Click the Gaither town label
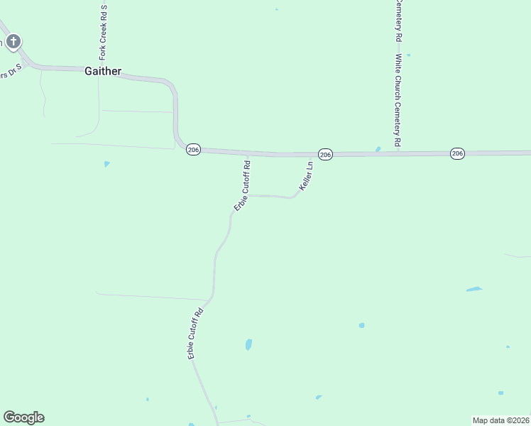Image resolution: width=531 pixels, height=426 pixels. pos(103,71)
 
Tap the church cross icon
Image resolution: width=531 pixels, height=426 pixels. pos(13,42)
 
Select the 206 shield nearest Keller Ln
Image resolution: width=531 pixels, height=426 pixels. pos(325,154)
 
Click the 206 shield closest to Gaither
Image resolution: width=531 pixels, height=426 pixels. pos(194,150)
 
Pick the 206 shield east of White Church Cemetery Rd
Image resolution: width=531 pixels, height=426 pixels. pos(457,153)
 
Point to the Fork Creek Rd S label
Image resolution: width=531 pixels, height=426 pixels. pos(103,33)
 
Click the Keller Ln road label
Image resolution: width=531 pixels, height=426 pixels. pos(306,175)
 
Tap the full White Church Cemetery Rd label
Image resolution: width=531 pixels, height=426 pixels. pos(399,101)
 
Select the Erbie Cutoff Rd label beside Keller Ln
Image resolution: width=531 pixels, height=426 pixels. pos(243,186)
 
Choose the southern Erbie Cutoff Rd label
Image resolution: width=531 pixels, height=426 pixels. pos(197,333)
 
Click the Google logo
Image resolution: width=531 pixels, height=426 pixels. pos(23,417)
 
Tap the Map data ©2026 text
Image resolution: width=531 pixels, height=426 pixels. pos(501,420)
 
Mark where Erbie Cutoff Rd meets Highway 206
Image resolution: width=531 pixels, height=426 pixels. pos(248,154)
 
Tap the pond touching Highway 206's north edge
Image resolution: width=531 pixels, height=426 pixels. pos(378,149)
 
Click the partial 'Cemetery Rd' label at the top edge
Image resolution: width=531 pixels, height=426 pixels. pos(399,19)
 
